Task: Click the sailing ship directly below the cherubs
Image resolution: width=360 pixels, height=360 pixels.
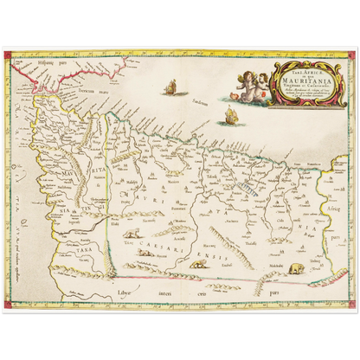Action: [230, 116]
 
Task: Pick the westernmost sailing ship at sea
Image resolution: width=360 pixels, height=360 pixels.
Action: [170, 86]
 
